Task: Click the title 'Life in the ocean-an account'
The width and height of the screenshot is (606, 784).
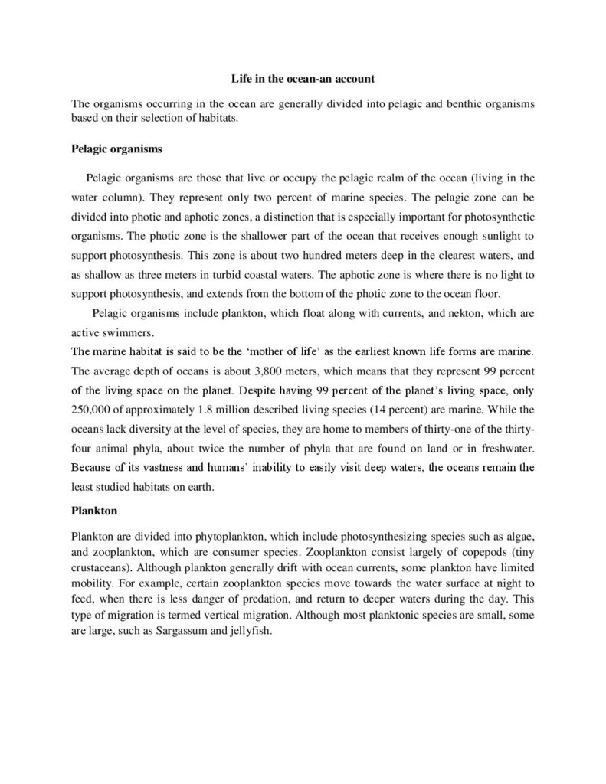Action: pos(303,78)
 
